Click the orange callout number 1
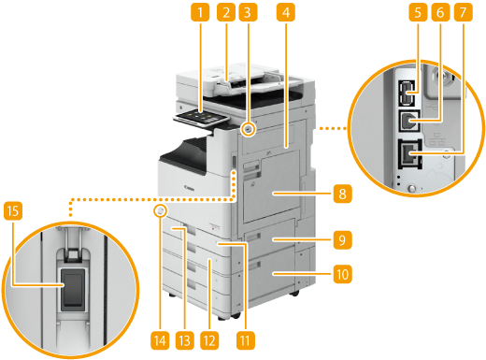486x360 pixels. pyautogui.click(x=200, y=12)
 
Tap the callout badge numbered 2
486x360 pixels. pyautogui.click(x=226, y=12)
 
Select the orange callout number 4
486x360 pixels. pyautogui.click(x=286, y=12)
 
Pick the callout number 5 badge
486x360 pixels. pyautogui.click(x=418, y=12)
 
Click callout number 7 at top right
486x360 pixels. pyautogui.click(x=463, y=12)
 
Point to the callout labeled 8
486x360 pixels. pyautogui.click(x=342, y=194)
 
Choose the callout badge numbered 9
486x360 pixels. pyautogui.click(x=342, y=239)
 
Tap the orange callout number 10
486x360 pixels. pyautogui.click(x=342, y=274)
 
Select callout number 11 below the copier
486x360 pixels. pyautogui.click(x=246, y=340)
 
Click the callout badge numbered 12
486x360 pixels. pyautogui.click(x=209, y=340)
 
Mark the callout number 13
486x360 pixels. pyautogui.click(x=185, y=340)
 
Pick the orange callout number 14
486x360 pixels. pyautogui.click(x=160, y=340)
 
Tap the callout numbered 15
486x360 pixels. pyautogui.click(x=13, y=211)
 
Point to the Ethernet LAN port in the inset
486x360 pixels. pyautogui.click(x=410, y=154)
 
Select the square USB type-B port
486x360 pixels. pyautogui.click(x=409, y=121)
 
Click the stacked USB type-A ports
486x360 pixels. pyautogui.click(x=407, y=93)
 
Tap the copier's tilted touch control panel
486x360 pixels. pyautogui.click(x=201, y=119)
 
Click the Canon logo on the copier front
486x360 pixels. pyautogui.click(x=189, y=188)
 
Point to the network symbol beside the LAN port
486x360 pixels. pyautogui.click(x=436, y=139)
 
